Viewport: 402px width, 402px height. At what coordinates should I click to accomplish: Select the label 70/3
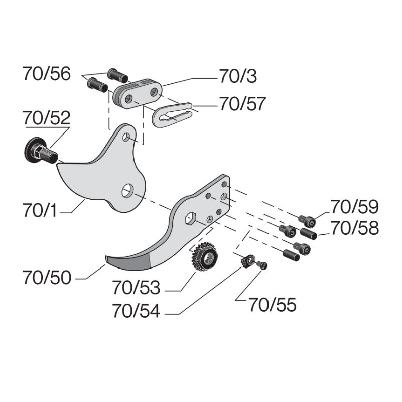coord(238,76)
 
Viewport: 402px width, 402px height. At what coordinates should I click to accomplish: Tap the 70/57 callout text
coord(242,105)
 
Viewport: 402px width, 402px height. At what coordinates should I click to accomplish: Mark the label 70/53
coord(136,288)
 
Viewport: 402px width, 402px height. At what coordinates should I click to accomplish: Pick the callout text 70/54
coord(136,311)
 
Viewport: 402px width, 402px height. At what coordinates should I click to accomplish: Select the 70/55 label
coord(273,305)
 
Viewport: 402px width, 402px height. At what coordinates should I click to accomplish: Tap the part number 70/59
coord(354,207)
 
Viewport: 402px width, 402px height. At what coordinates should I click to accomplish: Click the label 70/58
coord(354,228)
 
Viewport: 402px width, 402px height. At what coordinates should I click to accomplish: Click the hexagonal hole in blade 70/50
coord(190,218)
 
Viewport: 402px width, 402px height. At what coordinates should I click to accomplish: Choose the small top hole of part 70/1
coord(128,137)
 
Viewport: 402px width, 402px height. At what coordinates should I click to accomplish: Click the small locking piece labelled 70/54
coord(246,261)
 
